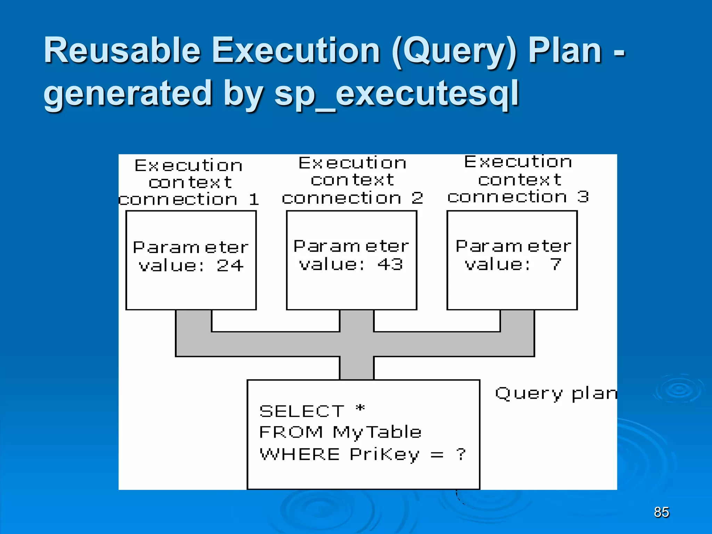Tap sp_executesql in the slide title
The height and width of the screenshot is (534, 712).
pyautogui.click(x=396, y=93)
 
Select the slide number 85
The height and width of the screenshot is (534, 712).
pyautogui.click(x=661, y=512)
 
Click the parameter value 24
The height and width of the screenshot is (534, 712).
pyautogui.click(x=230, y=266)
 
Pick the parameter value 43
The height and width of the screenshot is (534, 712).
pyautogui.click(x=390, y=264)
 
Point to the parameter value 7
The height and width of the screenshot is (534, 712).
pyautogui.click(x=556, y=264)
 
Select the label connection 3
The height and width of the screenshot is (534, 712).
pyautogui.click(x=518, y=197)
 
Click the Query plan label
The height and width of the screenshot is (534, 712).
pyautogui.click(x=556, y=394)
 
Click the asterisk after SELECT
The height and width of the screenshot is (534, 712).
pyautogui.click(x=361, y=408)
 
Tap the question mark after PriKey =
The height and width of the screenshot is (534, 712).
pyautogui.click(x=461, y=454)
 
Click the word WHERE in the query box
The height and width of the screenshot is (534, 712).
pyautogui.click(x=300, y=454)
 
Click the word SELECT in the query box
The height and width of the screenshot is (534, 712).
pyautogui.click(x=302, y=412)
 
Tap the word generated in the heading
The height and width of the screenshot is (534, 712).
pyautogui.click(x=128, y=93)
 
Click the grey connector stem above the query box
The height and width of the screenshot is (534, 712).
pyautogui.click(x=356, y=368)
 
